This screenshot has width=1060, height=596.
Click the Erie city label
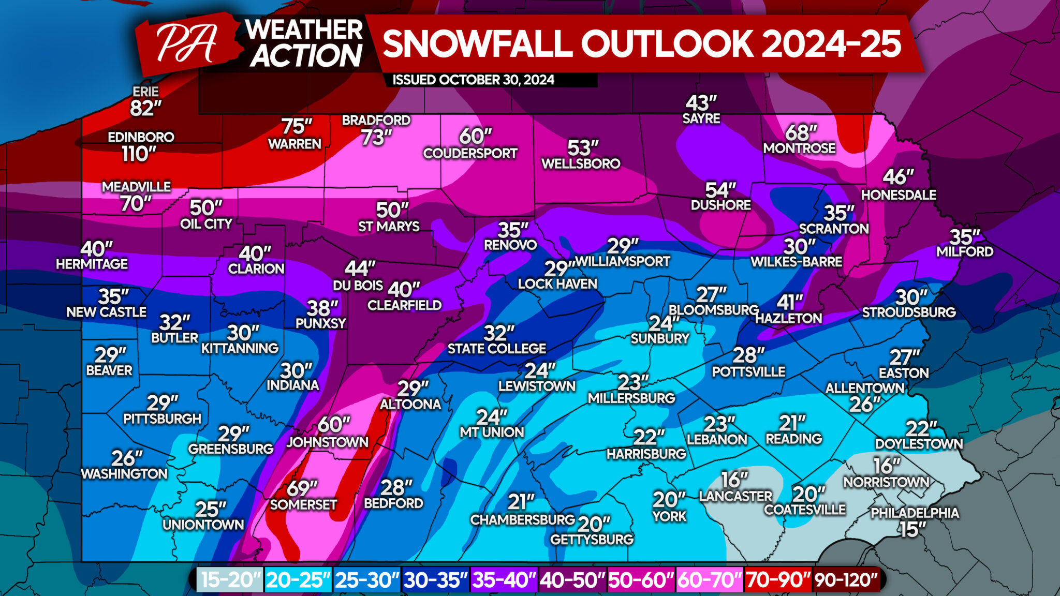coord(145,92)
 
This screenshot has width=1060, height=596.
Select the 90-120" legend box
coord(846,580)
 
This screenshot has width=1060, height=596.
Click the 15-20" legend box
coord(231,580)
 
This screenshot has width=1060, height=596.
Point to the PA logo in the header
coord(186,43)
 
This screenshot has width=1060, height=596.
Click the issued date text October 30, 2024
coord(473,80)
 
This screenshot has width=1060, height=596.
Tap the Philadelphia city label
coord(915,513)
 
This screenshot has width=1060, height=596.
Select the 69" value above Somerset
coord(302,488)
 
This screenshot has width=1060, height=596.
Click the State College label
coord(496,349)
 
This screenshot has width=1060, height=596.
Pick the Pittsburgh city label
coord(162,419)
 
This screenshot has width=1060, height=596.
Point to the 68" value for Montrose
coord(801,133)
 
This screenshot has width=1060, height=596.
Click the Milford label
coord(965,252)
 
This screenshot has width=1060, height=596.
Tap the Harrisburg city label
coord(646,454)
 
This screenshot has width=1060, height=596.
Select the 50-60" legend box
coord(641,580)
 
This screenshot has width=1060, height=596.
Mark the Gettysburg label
coord(592,540)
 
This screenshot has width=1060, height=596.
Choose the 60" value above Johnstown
coord(333,425)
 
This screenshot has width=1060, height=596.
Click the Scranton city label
coord(834,229)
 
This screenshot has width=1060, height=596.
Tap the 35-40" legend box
coord(504,580)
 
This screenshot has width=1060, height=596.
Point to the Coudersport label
coord(470,154)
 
